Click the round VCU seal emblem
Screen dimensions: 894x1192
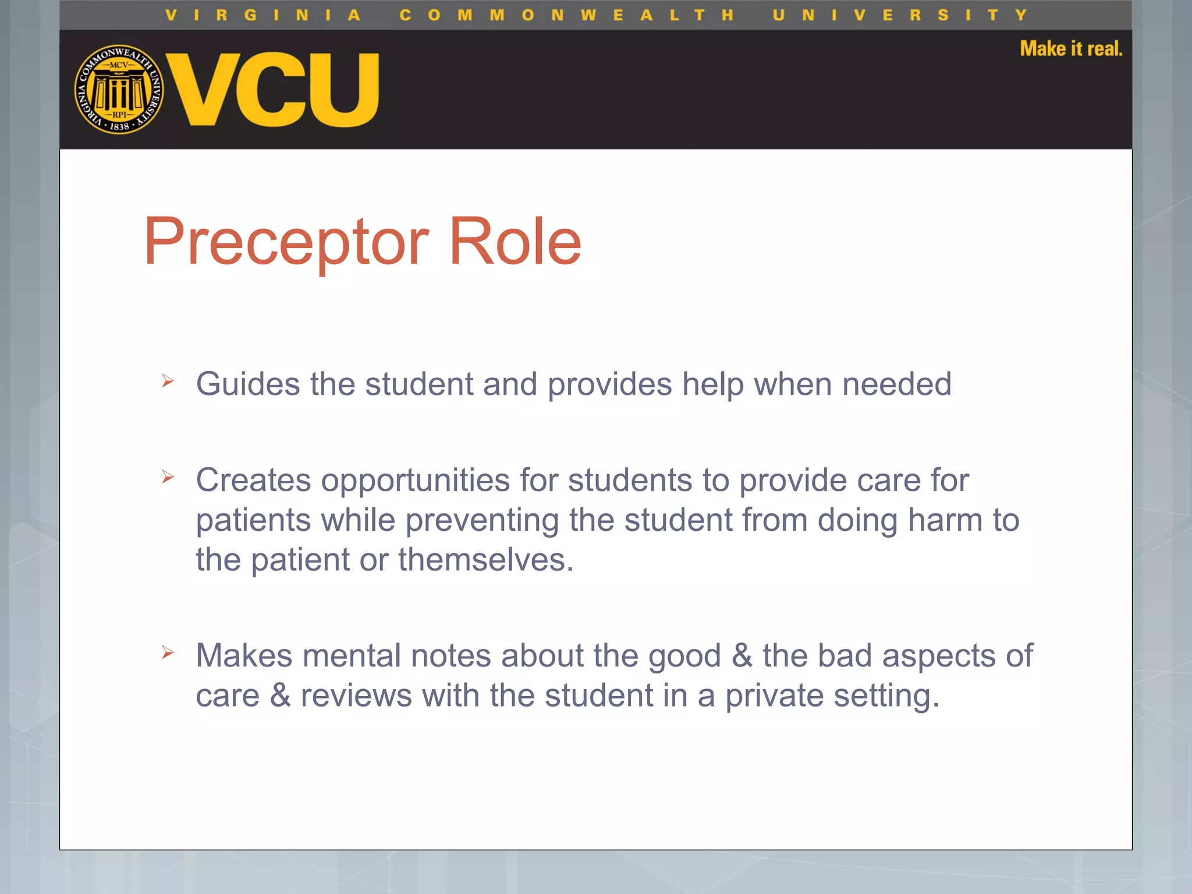[119, 90]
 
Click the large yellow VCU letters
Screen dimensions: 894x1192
[273, 90]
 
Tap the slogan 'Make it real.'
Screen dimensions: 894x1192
[1070, 49]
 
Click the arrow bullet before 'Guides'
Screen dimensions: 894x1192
[168, 381]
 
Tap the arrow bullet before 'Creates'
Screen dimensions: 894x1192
[168, 477]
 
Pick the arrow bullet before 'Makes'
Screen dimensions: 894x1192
[168, 652]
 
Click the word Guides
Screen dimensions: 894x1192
[248, 385]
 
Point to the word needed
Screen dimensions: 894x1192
[896, 385]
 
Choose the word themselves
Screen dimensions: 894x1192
[485, 560]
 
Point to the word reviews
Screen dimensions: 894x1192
[356, 696]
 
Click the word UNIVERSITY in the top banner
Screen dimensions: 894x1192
[900, 15]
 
